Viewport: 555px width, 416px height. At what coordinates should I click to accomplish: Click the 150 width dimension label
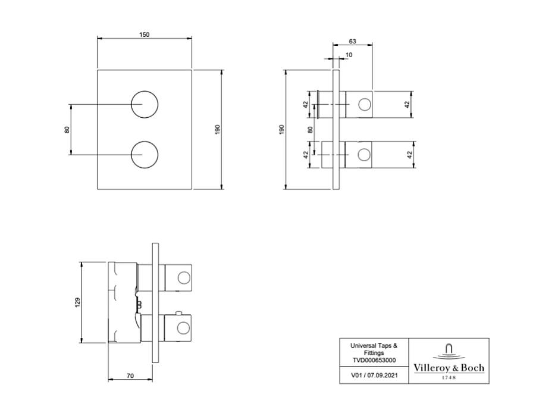pyautogui.click(x=144, y=35)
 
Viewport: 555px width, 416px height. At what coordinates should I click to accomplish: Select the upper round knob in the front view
pyautogui.click(x=145, y=105)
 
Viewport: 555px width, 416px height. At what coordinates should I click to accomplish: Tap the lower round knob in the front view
pyautogui.click(x=145, y=155)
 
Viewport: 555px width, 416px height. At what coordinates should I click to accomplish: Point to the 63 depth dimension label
pyautogui.click(x=352, y=41)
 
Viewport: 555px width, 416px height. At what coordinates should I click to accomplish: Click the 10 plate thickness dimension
pyautogui.click(x=348, y=55)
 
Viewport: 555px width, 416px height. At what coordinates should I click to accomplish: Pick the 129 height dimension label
pyautogui.click(x=77, y=302)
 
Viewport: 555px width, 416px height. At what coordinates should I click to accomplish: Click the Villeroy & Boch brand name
pyautogui.click(x=449, y=368)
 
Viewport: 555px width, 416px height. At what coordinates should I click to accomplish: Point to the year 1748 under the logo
pyautogui.click(x=449, y=377)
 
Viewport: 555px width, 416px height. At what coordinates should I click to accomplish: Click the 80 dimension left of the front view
pyautogui.click(x=67, y=130)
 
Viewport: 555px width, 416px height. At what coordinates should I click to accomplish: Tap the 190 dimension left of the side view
pyautogui.click(x=281, y=129)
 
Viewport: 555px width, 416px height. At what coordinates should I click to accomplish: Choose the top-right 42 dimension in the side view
pyautogui.click(x=407, y=104)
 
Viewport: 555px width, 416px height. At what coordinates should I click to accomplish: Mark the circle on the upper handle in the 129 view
pyautogui.click(x=184, y=277)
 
